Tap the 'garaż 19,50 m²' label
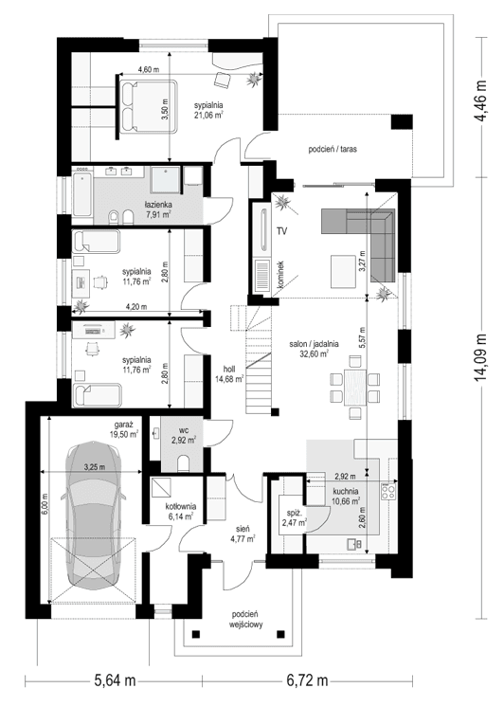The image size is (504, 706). click(x=125, y=431)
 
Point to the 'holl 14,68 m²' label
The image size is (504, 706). click(x=228, y=373)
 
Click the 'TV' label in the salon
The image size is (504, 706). click(x=281, y=230)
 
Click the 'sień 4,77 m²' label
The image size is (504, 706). click(x=242, y=536)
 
